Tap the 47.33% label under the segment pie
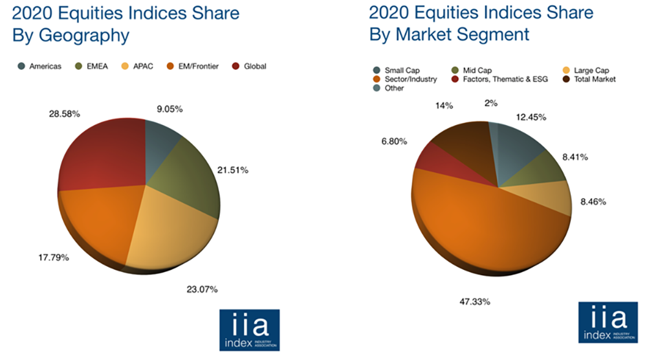tap(474, 302)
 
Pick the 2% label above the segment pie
tap(491, 102)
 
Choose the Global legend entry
tap(250, 66)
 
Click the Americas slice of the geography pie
tap(160, 139)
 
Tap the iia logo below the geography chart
tap(249, 330)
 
